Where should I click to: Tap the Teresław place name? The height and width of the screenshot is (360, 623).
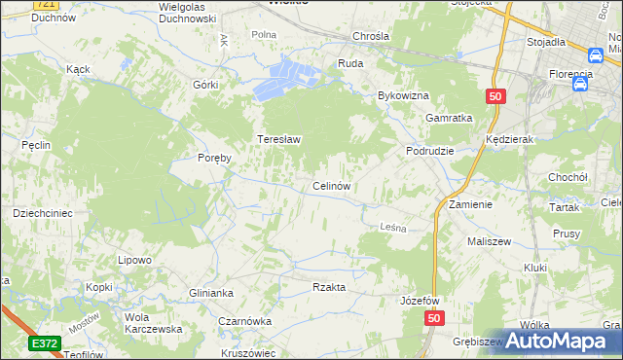coord(278,139)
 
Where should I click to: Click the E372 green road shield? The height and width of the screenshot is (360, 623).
coord(44,343)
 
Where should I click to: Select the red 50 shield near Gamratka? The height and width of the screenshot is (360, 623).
coord(495,96)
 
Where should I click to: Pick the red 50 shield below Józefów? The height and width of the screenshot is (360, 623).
coord(434,319)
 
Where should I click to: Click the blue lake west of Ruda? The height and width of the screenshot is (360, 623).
coord(287,78)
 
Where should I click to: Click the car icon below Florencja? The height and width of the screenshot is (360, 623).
coord(581,85)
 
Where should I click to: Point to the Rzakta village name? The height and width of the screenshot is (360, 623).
coord(329,287)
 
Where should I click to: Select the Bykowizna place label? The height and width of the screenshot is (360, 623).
coord(403,96)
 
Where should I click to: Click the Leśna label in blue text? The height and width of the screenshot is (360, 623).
coord(390,226)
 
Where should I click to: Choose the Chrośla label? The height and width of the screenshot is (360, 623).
coord(372,37)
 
